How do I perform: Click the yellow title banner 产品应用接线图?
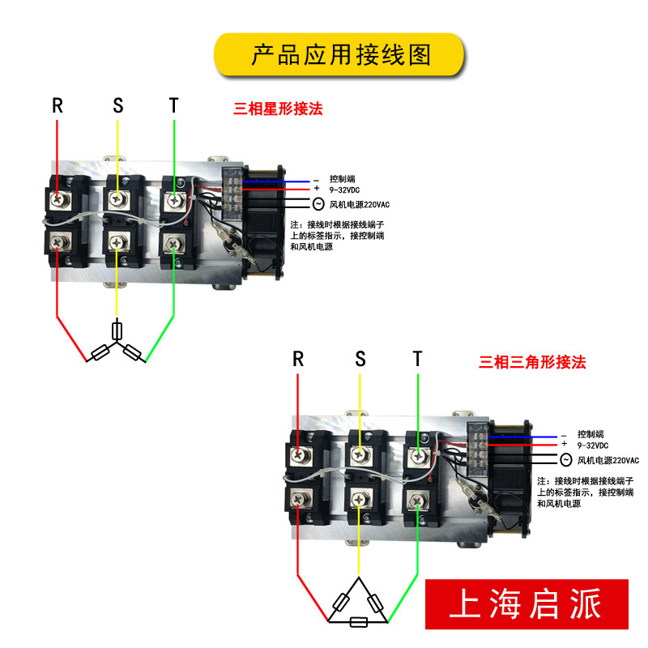pyautogui.click(x=339, y=55)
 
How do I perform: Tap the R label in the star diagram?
pyautogui.click(x=58, y=105)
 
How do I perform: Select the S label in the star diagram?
pyautogui.click(x=118, y=105)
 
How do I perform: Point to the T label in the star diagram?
pyautogui.click(x=173, y=105)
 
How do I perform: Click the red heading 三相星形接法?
pyautogui.click(x=278, y=109)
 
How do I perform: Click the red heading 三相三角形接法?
pyautogui.click(x=532, y=362)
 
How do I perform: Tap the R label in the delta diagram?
pyautogui.click(x=298, y=359)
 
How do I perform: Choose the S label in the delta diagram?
pyautogui.click(x=360, y=359)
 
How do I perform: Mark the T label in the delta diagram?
pyautogui.click(x=417, y=359)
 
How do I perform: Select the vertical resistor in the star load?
pyautogui.click(x=118, y=330)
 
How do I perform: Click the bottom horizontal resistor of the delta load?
pyautogui.click(x=357, y=622)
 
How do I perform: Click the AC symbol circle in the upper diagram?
pyautogui.click(x=318, y=204)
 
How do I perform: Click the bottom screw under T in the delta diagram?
pyautogui.click(x=417, y=501)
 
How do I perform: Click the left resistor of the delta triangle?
pyautogui.click(x=340, y=602)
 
